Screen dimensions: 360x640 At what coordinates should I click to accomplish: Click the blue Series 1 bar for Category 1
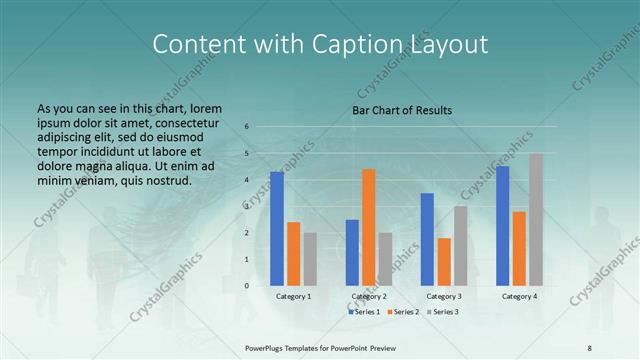click(277, 229)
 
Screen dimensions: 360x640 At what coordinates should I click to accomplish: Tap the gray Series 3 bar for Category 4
click(536, 220)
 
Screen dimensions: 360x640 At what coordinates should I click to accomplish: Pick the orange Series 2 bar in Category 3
click(444, 262)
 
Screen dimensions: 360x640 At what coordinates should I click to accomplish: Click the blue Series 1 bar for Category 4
click(503, 226)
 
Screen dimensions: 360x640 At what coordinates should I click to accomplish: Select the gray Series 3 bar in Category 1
click(310, 259)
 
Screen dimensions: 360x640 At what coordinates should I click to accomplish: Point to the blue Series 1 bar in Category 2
click(352, 252)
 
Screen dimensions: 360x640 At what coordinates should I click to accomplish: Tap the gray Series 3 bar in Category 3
click(460, 246)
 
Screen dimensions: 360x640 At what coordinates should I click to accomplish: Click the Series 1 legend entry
click(365, 312)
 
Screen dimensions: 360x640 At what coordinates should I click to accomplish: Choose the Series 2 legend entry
click(403, 312)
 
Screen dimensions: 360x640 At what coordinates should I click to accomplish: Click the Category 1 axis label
click(293, 297)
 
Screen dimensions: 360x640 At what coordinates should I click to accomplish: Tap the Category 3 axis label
click(444, 297)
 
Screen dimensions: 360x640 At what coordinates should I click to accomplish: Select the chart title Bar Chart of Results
click(402, 110)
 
